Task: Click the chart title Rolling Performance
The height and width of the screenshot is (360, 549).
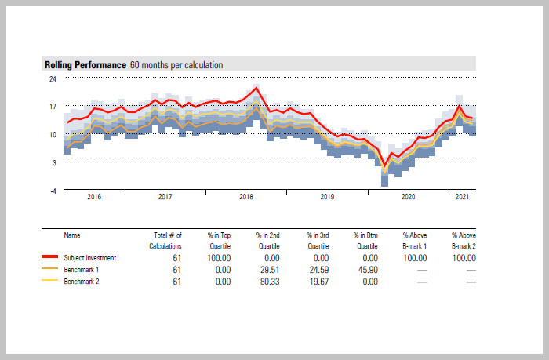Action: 85,65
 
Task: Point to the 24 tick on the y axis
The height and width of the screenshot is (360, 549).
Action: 53,78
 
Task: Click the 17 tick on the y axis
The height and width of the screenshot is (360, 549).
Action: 53,107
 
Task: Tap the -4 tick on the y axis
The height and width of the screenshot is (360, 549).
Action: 53,191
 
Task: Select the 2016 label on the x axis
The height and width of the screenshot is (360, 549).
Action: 93,197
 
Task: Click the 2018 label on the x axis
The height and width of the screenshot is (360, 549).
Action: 246,197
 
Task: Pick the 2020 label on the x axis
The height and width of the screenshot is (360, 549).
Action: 409,197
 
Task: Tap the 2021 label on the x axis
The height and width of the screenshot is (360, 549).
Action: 463,197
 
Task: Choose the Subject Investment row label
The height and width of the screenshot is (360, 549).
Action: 90,257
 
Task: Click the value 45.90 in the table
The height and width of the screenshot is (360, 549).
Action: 367,269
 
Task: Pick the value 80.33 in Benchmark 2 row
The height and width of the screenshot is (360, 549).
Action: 270,281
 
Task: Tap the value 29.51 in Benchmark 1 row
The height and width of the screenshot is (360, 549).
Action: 270,269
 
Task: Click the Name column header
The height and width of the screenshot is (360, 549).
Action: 72,235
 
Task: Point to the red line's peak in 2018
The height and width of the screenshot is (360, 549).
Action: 256,87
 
